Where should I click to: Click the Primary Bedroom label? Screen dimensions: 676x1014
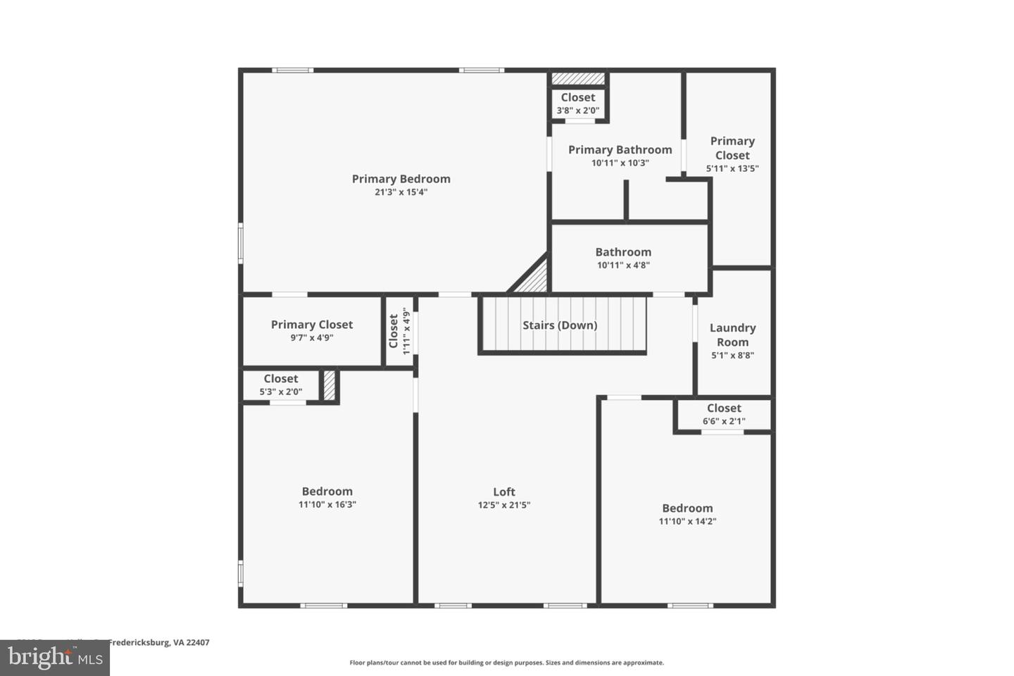click(401, 179)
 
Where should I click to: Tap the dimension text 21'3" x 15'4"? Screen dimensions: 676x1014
click(401, 192)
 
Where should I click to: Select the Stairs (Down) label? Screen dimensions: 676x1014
click(560, 325)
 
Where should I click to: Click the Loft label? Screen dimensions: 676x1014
click(503, 492)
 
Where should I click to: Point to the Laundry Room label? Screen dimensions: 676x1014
click(732, 335)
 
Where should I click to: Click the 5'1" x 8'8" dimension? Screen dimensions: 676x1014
click(732, 356)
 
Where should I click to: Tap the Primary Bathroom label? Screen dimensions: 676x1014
click(620, 150)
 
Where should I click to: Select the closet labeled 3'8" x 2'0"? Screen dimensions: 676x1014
click(577, 104)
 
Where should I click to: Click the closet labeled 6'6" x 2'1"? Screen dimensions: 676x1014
click(724, 414)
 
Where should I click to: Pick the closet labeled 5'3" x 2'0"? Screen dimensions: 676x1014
click(280, 384)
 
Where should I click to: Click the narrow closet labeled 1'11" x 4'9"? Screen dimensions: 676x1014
click(399, 331)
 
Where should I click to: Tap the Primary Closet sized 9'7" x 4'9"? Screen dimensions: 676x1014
click(311, 330)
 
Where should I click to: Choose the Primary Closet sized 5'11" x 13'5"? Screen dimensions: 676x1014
click(732, 154)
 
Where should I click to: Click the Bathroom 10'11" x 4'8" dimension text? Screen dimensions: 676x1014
click(623, 265)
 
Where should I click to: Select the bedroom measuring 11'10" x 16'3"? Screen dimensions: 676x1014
click(327, 497)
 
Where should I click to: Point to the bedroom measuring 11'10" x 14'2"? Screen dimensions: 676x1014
click(687, 514)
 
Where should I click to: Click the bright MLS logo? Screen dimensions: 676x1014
click(54, 658)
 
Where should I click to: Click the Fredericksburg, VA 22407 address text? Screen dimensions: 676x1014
click(158, 642)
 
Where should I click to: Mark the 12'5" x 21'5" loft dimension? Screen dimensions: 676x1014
click(503, 505)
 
